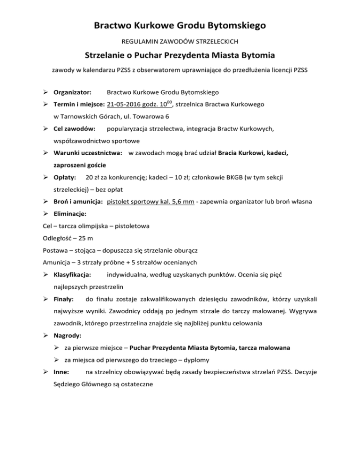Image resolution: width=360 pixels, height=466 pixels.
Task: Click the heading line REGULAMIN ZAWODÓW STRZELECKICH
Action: (180, 42)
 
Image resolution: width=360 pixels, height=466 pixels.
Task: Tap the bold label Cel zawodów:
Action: (75, 128)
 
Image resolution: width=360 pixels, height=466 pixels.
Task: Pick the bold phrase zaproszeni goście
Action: (79, 165)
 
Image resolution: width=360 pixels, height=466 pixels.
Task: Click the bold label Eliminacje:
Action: (74, 214)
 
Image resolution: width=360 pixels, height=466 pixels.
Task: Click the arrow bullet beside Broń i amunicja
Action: (46, 202)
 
